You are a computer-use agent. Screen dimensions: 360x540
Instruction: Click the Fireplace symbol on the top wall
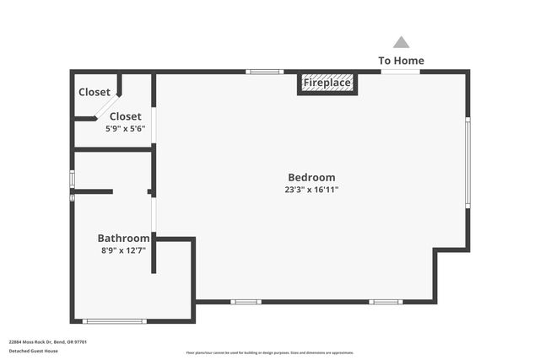click(x=327, y=83)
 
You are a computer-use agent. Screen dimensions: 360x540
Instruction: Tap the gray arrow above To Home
click(x=402, y=42)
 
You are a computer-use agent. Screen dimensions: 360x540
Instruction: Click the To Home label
click(x=401, y=61)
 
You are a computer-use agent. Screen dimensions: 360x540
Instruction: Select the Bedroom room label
click(x=311, y=177)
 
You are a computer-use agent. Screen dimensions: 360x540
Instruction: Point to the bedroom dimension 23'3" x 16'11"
click(x=311, y=190)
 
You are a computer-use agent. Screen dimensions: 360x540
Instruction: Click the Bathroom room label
click(x=123, y=239)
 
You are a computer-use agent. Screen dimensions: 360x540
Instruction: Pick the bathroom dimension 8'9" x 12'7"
click(x=123, y=250)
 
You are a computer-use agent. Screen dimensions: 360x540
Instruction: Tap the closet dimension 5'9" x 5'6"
click(x=126, y=129)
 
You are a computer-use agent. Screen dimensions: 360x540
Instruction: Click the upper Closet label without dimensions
click(x=94, y=92)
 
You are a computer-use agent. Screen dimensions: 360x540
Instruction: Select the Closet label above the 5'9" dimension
click(x=126, y=116)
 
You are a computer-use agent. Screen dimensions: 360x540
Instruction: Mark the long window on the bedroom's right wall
click(x=467, y=162)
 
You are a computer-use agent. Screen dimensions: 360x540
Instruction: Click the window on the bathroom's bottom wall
click(x=115, y=321)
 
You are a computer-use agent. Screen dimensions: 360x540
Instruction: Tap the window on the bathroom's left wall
click(x=73, y=180)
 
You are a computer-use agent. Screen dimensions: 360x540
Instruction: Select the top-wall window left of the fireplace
click(x=265, y=72)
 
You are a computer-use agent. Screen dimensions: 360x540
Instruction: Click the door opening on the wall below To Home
click(x=400, y=72)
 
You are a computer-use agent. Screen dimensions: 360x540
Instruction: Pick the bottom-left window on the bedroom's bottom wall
click(x=246, y=302)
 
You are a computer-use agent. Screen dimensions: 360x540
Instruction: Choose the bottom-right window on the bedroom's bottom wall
click(x=385, y=302)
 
